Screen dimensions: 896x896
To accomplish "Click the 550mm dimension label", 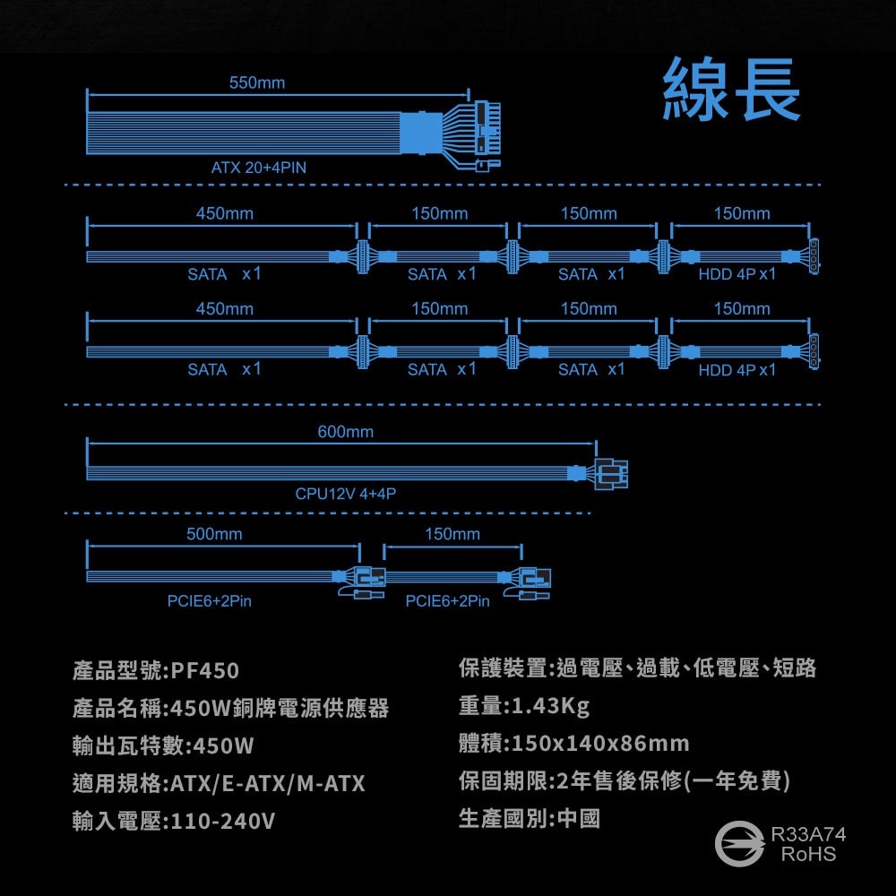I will click(x=257, y=83).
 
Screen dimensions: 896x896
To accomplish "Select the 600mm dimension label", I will click(x=346, y=433).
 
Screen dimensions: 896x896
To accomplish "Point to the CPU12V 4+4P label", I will click(x=346, y=494).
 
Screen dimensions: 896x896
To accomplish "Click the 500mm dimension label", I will click(x=214, y=534).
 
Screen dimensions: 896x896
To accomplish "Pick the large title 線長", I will click(x=731, y=90).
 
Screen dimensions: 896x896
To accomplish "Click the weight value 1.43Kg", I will click(x=551, y=706).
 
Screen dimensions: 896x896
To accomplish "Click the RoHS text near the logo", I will click(x=807, y=854).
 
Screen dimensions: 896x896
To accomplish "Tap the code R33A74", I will click(x=808, y=835).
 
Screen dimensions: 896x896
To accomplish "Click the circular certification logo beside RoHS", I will click(x=739, y=843).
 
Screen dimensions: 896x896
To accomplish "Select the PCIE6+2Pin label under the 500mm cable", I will click(x=210, y=601).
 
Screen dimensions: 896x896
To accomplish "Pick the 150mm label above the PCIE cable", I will click(x=452, y=534).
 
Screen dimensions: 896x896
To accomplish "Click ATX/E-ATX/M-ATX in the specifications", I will click(x=268, y=784).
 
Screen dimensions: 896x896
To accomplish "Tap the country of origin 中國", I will click(x=579, y=818).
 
